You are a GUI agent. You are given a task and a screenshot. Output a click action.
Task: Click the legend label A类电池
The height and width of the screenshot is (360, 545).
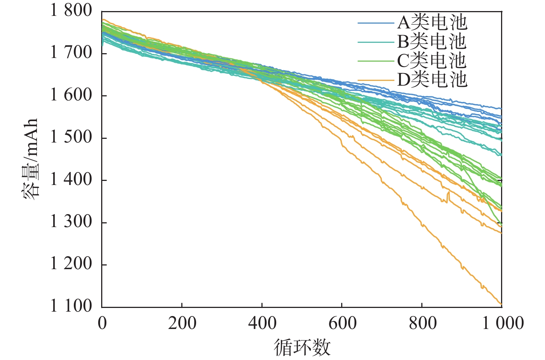[x=432, y=23]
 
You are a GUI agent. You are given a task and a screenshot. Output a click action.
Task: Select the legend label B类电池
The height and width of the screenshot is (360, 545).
[x=432, y=42]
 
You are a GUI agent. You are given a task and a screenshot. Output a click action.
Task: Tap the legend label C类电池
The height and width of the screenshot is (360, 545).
[x=432, y=61]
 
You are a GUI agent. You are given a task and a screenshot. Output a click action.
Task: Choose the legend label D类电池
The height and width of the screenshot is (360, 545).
[x=432, y=80]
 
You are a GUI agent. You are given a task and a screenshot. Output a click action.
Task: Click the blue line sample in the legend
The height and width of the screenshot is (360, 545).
[x=376, y=23]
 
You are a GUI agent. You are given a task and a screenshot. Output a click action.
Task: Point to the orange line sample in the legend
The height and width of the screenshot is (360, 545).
[x=376, y=80]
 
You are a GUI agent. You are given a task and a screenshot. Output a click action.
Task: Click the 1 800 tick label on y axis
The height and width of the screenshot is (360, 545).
[x=71, y=10]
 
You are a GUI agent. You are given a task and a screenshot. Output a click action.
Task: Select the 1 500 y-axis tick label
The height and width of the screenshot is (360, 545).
[x=71, y=137]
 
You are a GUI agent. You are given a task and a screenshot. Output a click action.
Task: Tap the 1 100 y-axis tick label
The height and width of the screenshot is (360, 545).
[x=71, y=306]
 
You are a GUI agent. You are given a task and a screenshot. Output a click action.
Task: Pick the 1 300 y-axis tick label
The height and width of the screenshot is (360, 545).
[x=71, y=222]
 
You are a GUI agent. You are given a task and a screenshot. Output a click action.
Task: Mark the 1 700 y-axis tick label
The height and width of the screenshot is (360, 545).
[x=71, y=53]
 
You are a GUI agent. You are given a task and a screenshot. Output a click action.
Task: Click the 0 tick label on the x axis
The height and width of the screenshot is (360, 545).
[x=102, y=323]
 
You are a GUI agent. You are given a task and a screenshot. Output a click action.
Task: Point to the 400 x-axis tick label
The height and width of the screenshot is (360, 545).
[x=262, y=323]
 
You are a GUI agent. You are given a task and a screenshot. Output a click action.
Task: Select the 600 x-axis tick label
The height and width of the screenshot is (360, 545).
[x=342, y=323]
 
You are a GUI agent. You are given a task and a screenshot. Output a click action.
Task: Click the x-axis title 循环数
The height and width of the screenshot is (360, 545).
[x=302, y=347]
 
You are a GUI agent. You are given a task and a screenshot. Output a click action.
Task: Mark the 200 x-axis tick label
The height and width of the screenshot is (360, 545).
[x=182, y=323]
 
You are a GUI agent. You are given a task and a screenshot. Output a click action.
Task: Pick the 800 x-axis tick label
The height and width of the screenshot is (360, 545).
[x=422, y=323]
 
